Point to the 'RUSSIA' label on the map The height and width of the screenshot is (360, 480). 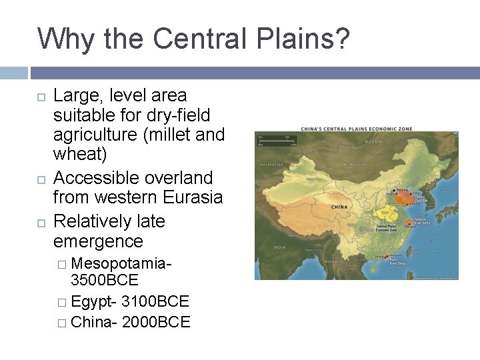pos(373,142)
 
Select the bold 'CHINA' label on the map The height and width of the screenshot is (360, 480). pos(339,207)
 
